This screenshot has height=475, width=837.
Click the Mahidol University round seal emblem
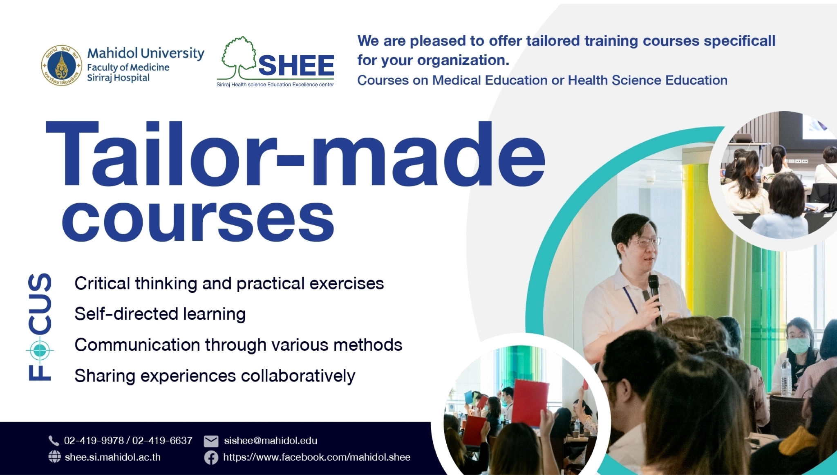pyautogui.click(x=62, y=65)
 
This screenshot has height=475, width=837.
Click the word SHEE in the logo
pyautogui.click(x=296, y=65)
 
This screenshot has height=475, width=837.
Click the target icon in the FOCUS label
pyautogui.click(x=40, y=350)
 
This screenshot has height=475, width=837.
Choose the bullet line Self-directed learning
pyautogui.click(x=160, y=314)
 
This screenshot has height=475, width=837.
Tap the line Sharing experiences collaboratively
pyautogui.click(x=215, y=376)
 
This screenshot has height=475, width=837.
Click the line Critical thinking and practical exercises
pyautogui.click(x=229, y=283)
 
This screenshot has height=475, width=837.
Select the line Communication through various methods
pyautogui.click(x=238, y=345)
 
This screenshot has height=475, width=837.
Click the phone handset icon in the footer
pyautogui.click(x=54, y=440)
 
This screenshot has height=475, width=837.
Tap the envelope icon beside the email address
pyautogui.click(x=211, y=441)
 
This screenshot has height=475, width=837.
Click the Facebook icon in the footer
pyautogui.click(x=211, y=457)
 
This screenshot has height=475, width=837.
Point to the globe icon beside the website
pyautogui.click(x=54, y=457)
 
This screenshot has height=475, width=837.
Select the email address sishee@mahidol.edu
pyautogui.click(x=271, y=441)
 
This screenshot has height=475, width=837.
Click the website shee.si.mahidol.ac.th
pyautogui.click(x=112, y=457)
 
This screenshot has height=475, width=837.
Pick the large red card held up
pyautogui.click(x=530, y=402)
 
